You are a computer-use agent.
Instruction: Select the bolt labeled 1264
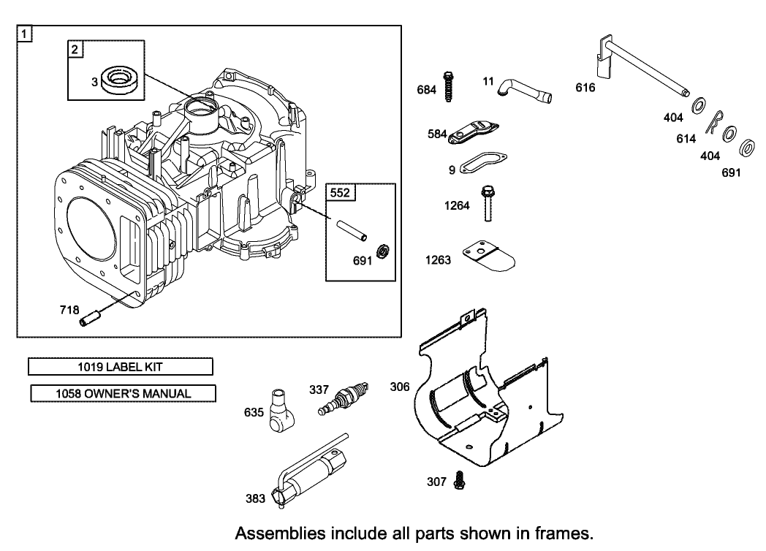[x=488, y=206]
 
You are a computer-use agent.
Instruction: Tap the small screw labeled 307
[x=459, y=479]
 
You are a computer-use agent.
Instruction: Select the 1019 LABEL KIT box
[x=120, y=366]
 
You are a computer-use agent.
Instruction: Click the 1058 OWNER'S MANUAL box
[x=123, y=393]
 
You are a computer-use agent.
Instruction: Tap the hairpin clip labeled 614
[x=714, y=123]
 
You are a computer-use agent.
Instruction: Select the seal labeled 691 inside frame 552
[x=382, y=254]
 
